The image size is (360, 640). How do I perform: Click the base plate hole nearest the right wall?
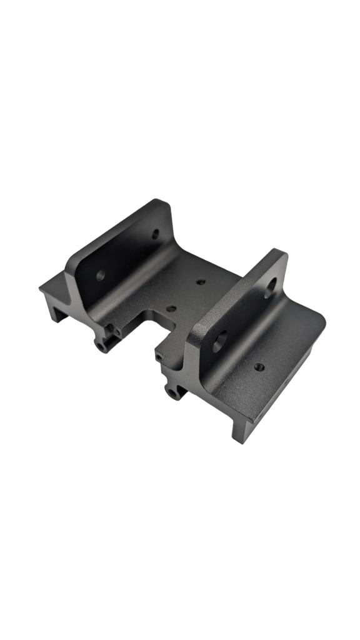(201, 281)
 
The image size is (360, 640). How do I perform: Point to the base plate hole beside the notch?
(170, 308)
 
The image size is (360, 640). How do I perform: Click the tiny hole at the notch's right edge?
(159, 356)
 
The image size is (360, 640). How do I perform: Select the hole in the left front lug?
(102, 343)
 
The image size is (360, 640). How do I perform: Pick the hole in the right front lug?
(173, 393)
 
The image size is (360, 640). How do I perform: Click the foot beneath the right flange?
(241, 431)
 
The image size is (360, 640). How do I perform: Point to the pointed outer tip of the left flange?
(41, 288)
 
